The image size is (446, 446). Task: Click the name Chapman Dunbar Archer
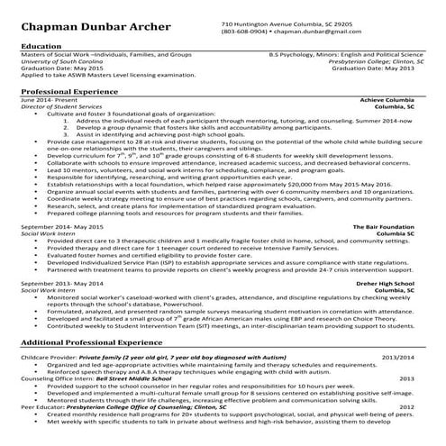coord(85,26)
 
